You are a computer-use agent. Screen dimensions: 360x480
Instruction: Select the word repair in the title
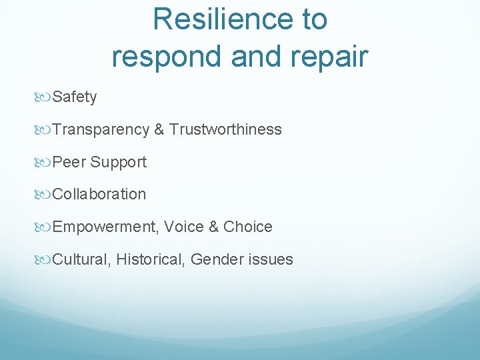[327, 57]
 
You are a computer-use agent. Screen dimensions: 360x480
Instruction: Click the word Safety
[75, 97]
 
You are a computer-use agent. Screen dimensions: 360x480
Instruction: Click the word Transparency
[101, 130]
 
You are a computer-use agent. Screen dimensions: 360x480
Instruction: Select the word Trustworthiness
[225, 130]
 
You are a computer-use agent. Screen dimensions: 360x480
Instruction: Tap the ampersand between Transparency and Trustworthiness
[159, 130]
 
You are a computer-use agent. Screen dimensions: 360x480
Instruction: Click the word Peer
[69, 162]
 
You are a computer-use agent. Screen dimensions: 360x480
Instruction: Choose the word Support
[119, 162]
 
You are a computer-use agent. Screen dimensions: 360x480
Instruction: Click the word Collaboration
[99, 195]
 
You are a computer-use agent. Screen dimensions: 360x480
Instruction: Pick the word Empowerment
[104, 227]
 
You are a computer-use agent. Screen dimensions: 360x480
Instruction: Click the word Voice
[184, 227]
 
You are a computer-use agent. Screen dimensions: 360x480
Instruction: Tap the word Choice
[248, 227]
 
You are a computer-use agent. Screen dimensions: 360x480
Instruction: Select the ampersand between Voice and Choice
[214, 227]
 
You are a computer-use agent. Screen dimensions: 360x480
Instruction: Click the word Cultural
[80, 259]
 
